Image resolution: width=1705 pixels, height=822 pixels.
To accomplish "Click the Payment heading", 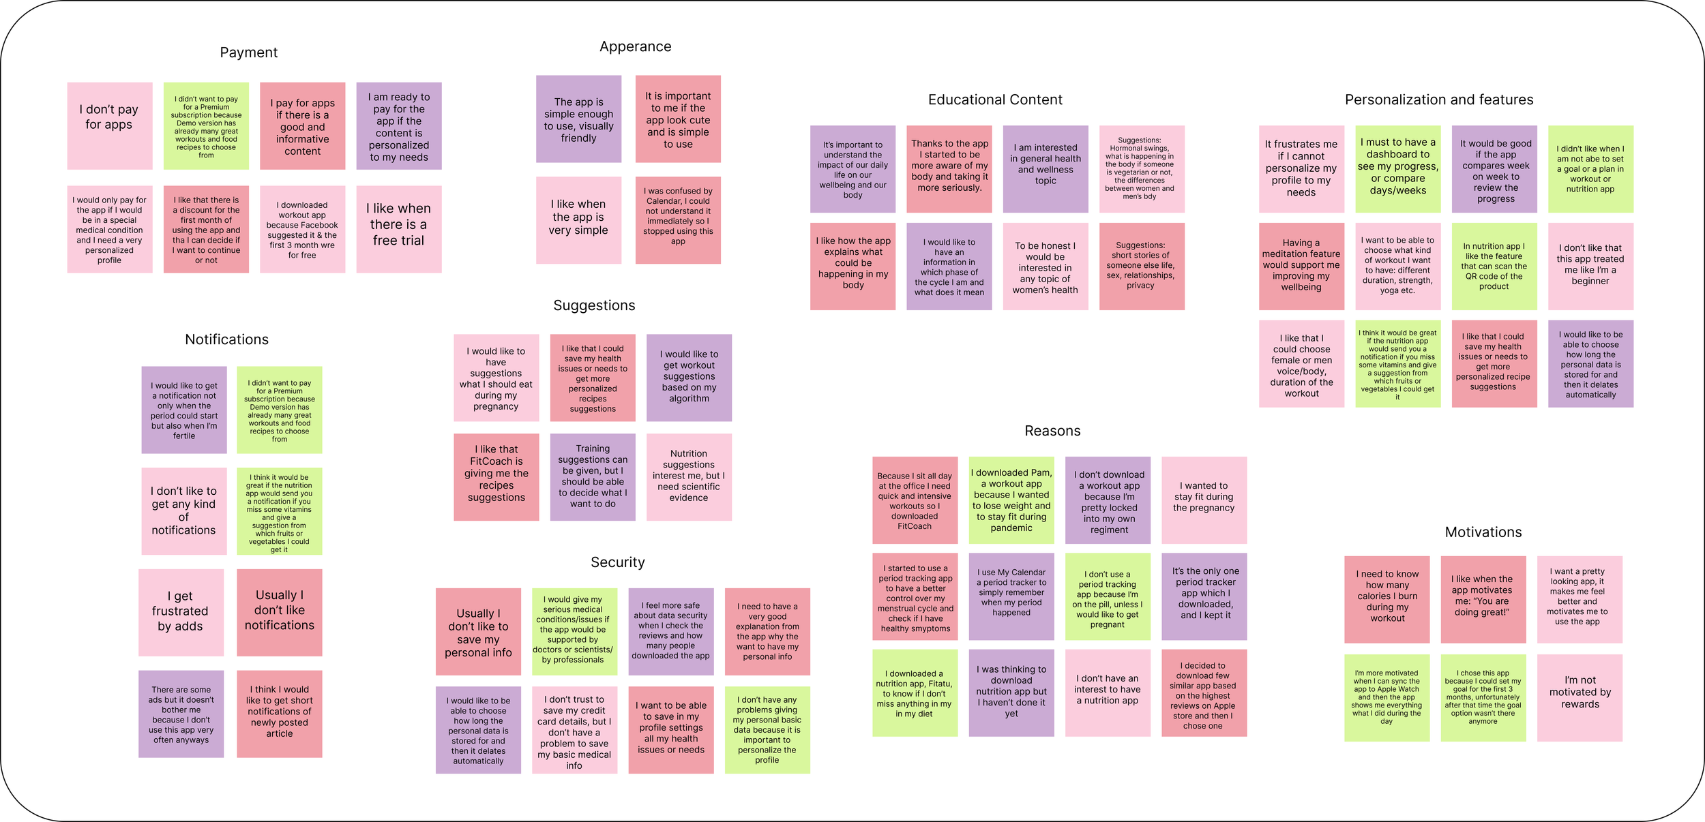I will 248,52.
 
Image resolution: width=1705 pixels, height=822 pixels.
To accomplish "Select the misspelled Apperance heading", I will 635,46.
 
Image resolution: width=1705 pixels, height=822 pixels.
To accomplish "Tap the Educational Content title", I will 995,100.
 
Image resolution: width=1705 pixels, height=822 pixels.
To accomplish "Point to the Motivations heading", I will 1483,532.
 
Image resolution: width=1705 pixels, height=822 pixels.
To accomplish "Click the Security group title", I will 617,562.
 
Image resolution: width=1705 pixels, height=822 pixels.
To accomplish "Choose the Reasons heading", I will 1052,431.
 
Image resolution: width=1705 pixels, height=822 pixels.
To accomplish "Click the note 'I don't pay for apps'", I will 109,125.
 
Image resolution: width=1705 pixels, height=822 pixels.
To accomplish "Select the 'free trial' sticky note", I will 398,229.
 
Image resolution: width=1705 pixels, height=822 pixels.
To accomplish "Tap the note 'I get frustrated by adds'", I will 181,612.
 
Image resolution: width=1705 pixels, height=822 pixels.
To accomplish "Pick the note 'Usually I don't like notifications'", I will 279,612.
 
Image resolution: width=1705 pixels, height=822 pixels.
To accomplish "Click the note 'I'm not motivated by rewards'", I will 1580,697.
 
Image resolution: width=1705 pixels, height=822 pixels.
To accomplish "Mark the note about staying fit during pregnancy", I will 1204,500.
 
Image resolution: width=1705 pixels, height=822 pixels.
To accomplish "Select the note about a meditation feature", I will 1301,266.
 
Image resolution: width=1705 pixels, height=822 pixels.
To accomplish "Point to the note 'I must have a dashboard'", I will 1397,168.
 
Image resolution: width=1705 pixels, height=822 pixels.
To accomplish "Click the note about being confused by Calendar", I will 677,219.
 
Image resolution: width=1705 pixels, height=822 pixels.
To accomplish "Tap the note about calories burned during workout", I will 1387,599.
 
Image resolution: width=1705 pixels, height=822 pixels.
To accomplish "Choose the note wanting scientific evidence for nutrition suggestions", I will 688,476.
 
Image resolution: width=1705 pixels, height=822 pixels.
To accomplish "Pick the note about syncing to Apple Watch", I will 1387,697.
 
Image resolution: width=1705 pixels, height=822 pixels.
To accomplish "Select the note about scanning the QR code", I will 1494,266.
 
